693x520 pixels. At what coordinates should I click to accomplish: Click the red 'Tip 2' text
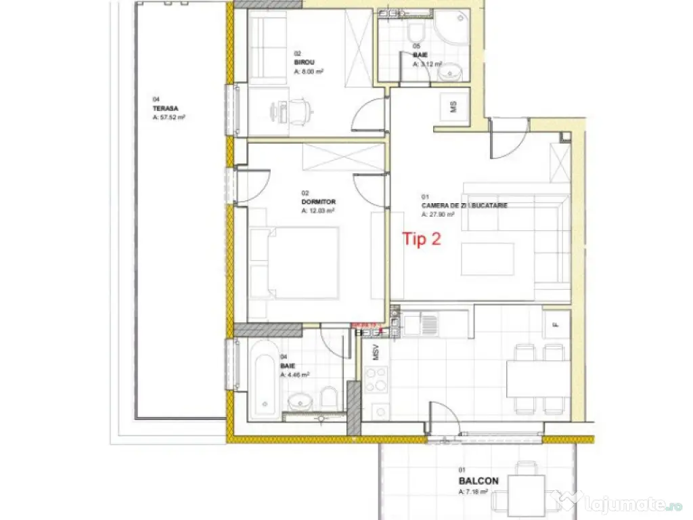click(x=422, y=239)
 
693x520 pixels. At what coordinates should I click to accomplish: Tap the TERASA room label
click(x=160, y=108)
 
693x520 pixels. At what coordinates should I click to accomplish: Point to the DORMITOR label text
click(x=318, y=202)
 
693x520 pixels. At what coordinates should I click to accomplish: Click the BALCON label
click(x=478, y=481)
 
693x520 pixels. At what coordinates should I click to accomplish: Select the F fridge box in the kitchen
click(x=555, y=324)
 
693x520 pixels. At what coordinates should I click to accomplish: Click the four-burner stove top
click(x=376, y=379)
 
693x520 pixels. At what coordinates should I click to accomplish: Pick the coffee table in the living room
click(x=487, y=259)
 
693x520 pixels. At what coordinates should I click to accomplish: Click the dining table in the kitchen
click(x=538, y=378)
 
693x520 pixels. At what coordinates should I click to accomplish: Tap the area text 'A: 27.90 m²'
click(x=437, y=214)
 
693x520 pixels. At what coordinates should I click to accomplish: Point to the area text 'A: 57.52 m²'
click(x=169, y=116)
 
